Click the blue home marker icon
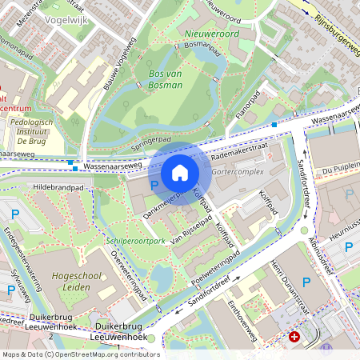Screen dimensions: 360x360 pyautogui.click(x=180, y=173)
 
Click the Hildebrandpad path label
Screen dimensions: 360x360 pyautogui.click(x=58, y=186)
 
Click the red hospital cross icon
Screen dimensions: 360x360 pyautogui.click(x=295, y=338)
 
